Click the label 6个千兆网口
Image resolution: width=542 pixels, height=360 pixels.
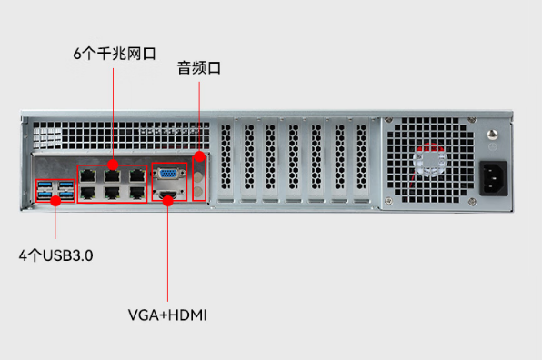(x=112, y=54)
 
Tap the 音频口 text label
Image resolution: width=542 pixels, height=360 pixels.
(x=199, y=68)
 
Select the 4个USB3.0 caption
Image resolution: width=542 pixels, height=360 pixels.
(x=56, y=255)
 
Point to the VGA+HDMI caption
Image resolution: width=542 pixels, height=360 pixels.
(x=167, y=315)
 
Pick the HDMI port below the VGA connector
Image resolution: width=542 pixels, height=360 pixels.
(x=168, y=195)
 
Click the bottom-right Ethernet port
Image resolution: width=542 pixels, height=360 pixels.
(x=136, y=192)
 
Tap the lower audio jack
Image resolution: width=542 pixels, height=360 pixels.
(x=200, y=189)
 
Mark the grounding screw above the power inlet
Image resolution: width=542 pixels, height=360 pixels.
(x=494, y=145)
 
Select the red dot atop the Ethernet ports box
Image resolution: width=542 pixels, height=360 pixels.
(x=113, y=164)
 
